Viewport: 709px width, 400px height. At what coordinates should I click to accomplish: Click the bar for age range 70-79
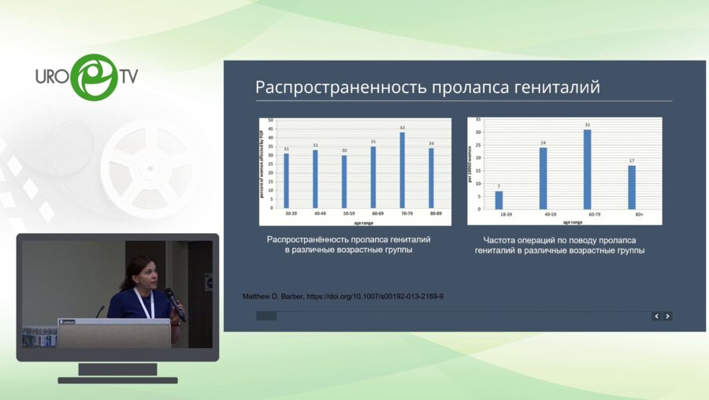coord(402,169)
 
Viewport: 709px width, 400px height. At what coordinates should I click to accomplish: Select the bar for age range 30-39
coord(286,180)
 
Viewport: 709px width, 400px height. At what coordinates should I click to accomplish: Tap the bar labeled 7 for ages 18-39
coord(499,200)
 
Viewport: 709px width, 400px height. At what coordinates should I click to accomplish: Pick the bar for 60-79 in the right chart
coord(587,169)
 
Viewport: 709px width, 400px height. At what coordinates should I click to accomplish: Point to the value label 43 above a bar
coord(402,128)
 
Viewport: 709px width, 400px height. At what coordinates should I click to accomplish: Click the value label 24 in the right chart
coord(543,143)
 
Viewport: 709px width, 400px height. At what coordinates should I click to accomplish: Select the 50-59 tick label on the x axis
coord(344,213)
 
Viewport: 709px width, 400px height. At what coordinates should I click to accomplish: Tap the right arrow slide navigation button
coord(667,316)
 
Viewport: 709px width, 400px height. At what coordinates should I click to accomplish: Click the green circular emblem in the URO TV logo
coord(94,76)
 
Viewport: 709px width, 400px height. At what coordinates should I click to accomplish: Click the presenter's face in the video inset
coord(144,273)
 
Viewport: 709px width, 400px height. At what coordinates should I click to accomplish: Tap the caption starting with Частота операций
coord(559,245)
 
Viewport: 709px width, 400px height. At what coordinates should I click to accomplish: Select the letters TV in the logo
coord(128,76)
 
